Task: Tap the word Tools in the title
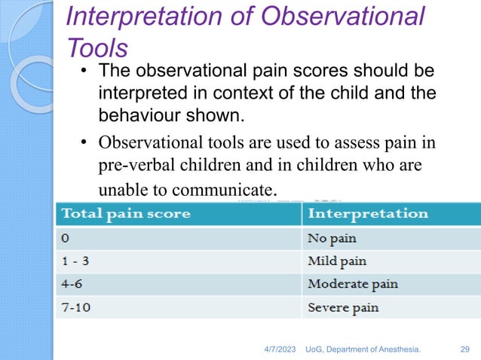click(x=97, y=47)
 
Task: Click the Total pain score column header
click(x=126, y=213)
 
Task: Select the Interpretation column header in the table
click(x=367, y=213)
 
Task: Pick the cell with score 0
click(x=66, y=238)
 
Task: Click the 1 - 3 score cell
click(x=77, y=261)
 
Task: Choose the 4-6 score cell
click(x=74, y=284)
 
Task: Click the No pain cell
click(x=332, y=238)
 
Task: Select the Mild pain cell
click(x=336, y=261)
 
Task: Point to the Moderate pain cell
click(x=352, y=284)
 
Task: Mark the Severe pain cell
click(x=343, y=307)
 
